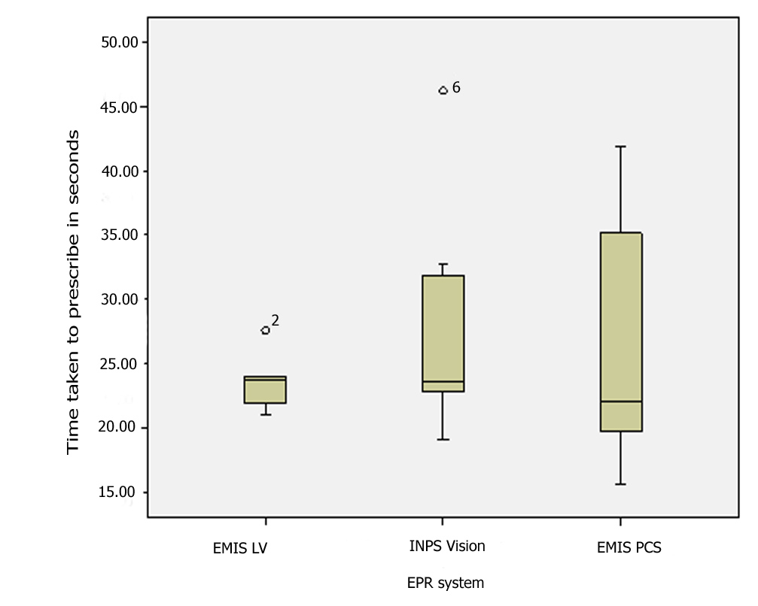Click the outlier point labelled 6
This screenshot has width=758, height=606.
443,90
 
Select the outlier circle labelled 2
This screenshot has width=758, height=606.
266,330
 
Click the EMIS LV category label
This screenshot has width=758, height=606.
240,549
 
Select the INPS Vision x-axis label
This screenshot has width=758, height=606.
443,547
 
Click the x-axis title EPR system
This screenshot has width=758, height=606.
446,583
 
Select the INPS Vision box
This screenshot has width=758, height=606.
443,331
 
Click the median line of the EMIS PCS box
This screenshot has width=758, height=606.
620,401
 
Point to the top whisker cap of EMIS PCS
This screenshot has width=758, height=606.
620,147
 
